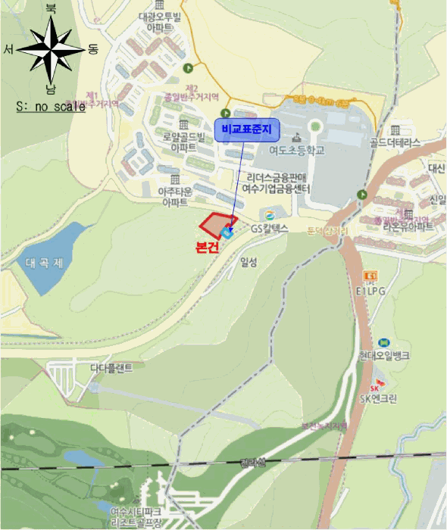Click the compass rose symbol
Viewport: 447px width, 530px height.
click(51, 50)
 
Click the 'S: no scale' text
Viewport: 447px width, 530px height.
click(50, 107)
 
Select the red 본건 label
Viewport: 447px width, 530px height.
click(207, 247)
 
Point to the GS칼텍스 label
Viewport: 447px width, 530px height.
click(270, 227)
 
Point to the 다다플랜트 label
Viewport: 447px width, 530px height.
click(111, 367)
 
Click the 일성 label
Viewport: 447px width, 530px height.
click(248, 262)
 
